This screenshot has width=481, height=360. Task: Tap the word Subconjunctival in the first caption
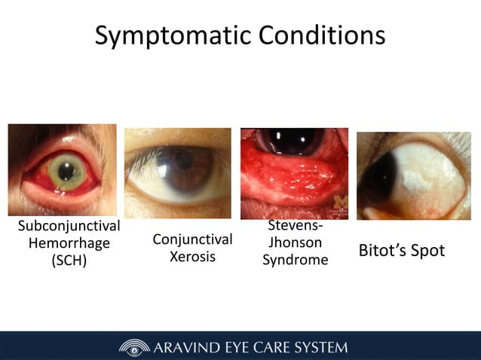coord(69,226)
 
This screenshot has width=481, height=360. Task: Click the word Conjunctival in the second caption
coord(192,239)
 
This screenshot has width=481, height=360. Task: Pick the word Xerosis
coord(192,257)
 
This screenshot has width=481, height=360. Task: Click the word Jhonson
coord(295,243)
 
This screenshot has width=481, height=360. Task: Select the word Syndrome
coord(295,260)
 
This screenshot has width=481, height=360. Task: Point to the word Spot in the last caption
coord(429,250)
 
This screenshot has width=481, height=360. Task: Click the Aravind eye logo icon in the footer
coord(134,347)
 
